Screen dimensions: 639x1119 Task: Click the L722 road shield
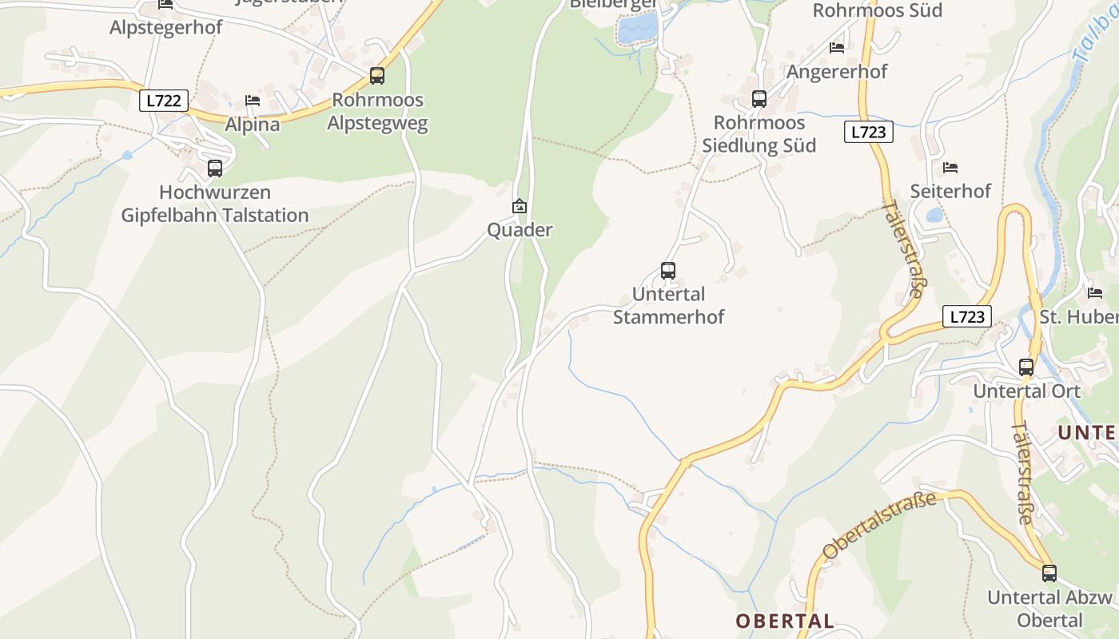tap(164, 101)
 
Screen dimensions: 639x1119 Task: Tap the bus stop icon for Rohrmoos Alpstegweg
tap(376, 76)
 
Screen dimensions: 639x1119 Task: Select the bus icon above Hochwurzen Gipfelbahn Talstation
tap(214, 169)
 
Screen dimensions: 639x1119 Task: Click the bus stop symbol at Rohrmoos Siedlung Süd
tap(759, 99)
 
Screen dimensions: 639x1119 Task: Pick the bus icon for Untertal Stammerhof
tap(667, 271)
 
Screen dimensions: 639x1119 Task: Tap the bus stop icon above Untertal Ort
tap(1025, 367)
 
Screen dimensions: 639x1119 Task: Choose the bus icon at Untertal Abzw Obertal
tap(1049, 573)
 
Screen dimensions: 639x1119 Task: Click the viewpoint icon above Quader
tap(520, 206)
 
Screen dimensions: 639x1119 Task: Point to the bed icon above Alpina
tap(253, 101)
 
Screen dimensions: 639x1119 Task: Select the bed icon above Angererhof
tap(837, 48)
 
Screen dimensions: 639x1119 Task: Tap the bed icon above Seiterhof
tap(950, 168)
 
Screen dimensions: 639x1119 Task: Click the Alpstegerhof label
tap(166, 27)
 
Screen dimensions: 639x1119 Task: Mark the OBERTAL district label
tap(784, 621)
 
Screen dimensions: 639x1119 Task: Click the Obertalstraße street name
tap(879, 526)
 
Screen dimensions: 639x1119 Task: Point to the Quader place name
tap(520, 230)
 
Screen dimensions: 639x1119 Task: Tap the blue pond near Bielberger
tap(637, 30)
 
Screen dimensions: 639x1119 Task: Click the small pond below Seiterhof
tap(934, 215)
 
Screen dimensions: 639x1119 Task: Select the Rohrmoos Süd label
tap(877, 10)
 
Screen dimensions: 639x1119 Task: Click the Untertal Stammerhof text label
tap(667, 306)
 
